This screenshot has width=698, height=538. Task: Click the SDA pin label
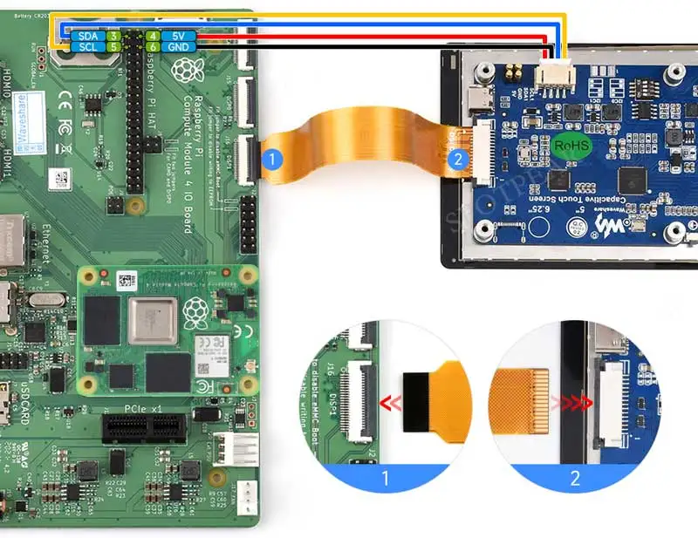pyautogui.click(x=87, y=37)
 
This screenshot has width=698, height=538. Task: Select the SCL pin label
pyautogui.click(x=87, y=47)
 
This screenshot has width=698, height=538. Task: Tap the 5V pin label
pyautogui.click(x=179, y=37)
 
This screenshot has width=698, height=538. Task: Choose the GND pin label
pyautogui.click(x=179, y=47)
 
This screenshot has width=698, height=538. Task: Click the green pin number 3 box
pyautogui.click(x=113, y=37)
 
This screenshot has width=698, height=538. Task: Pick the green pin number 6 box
pyautogui.click(x=152, y=47)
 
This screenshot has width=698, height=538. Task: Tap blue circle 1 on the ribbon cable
pyautogui.click(x=272, y=160)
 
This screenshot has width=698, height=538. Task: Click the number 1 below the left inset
pyautogui.click(x=385, y=478)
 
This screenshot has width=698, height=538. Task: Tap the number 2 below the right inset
pyautogui.click(x=574, y=478)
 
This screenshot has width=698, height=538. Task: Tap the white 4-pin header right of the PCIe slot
pyautogui.click(x=237, y=449)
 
